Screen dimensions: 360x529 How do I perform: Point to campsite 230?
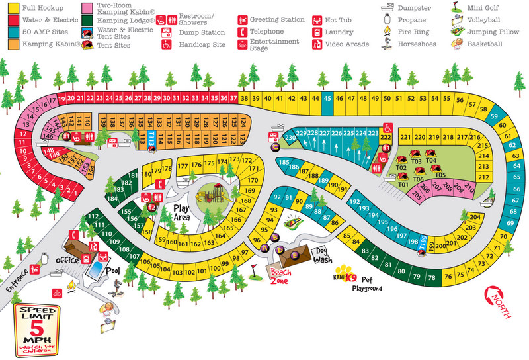coord(290,138)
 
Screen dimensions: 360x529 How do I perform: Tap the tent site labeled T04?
coord(431,160)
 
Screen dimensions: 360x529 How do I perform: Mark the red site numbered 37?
coord(233,98)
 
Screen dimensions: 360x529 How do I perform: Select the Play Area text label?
coord(182,212)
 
